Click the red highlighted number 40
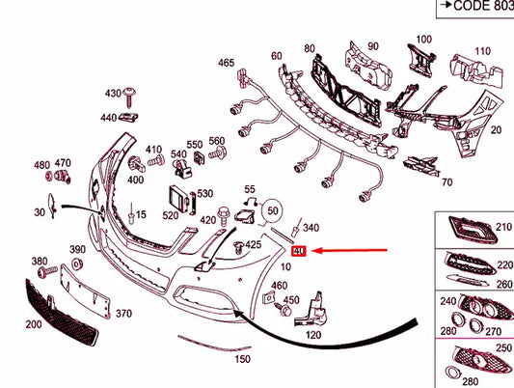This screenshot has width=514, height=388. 299,251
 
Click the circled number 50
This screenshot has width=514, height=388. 274,208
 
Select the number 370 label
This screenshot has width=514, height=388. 123,314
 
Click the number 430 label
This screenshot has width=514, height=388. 113,93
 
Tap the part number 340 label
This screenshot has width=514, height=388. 311,228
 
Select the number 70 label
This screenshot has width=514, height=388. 446,181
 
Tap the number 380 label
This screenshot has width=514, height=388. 40,262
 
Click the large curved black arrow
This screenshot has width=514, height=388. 318,330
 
